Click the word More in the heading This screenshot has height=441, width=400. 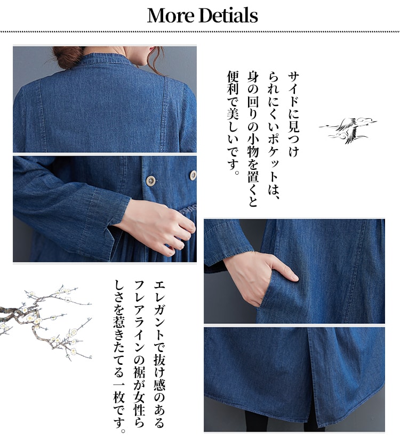click(x=171, y=15)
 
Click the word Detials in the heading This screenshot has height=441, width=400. click(x=228, y=15)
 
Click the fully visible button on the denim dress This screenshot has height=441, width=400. click(x=151, y=181)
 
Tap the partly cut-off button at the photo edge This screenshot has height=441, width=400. click(x=193, y=175)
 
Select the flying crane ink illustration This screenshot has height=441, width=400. click(x=348, y=130)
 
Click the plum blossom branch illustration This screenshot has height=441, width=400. click(x=45, y=321)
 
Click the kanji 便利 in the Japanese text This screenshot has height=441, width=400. click(x=233, y=83)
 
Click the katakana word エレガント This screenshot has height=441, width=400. click(x=159, y=312)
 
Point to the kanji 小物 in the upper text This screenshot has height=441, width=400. click(x=253, y=146)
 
